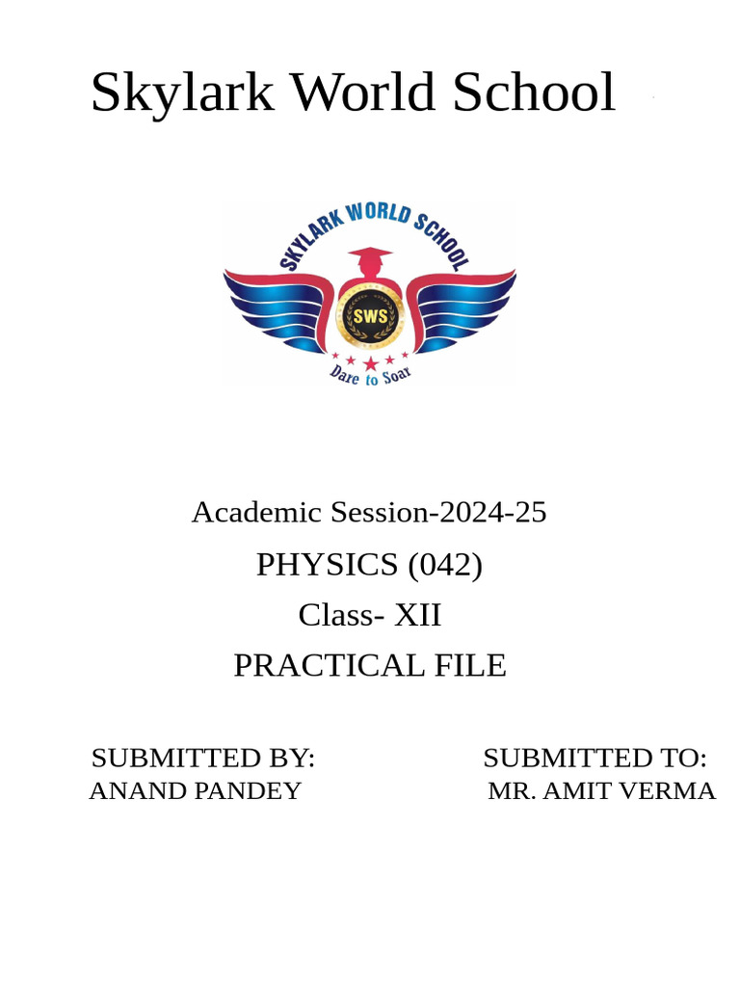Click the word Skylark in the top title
click(182, 93)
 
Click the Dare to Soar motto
click(370, 374)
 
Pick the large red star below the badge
click(370, 362)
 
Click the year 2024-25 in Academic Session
click(490, 513)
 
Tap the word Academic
click(257, 513)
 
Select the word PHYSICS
click(327, 565)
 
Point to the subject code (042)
click(445, 565)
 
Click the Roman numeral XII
click(417, 615)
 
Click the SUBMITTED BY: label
click(203, 758)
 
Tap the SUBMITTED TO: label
click(595, 758)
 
